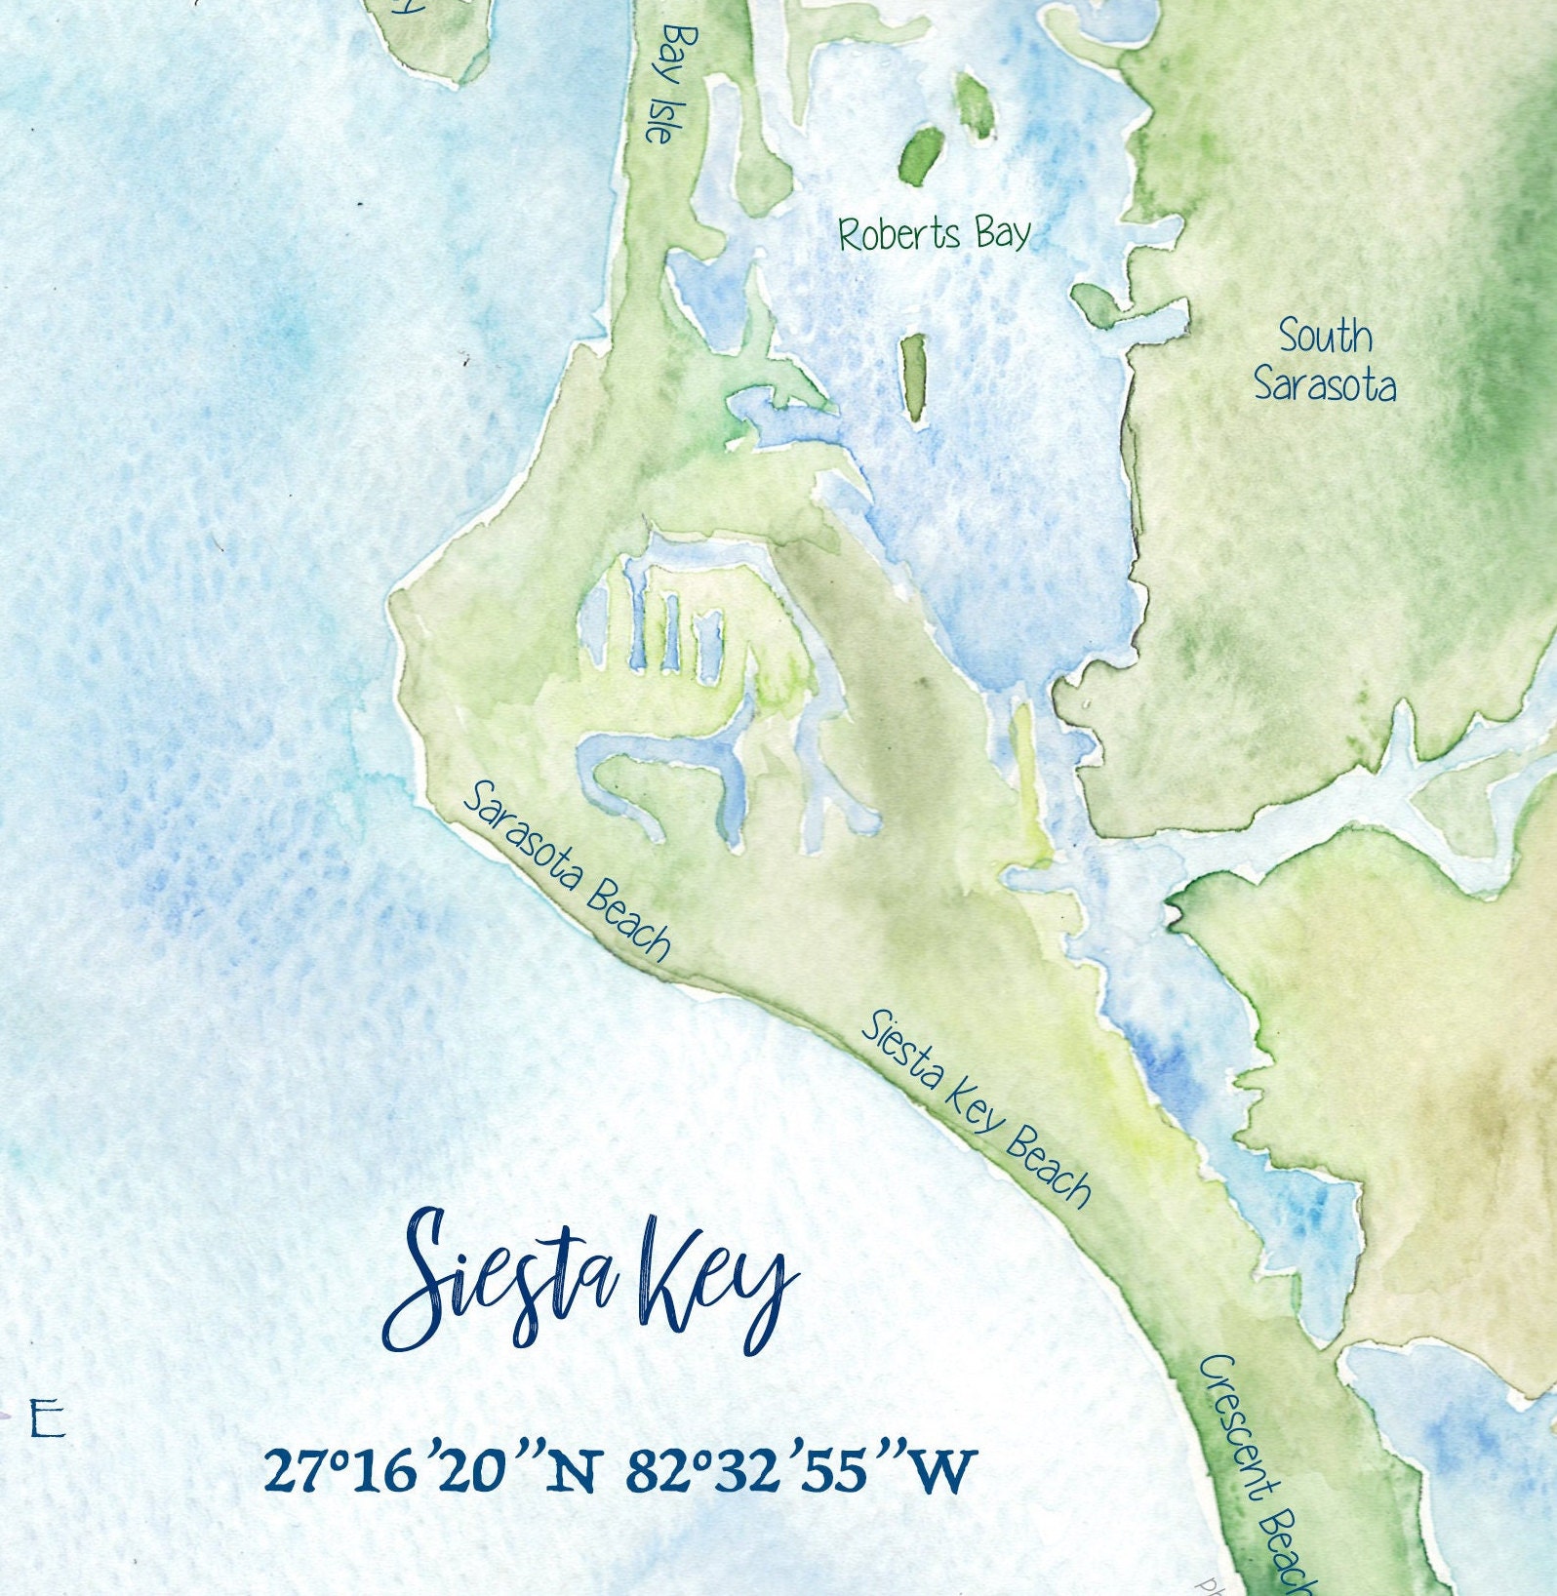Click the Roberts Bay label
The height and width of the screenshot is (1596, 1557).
tap(934, 235)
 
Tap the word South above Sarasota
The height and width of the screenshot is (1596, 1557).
tap(1325, 337)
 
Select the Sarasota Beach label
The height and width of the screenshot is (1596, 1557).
tap(567, 871)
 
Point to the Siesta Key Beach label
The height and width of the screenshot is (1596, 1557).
tap(975, 1107)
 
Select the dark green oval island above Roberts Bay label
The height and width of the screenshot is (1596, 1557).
tap(921, 153)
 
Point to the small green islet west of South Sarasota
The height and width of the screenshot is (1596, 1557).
tap(1096, 303)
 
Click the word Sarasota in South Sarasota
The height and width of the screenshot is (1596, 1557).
tap(1325, 385)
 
